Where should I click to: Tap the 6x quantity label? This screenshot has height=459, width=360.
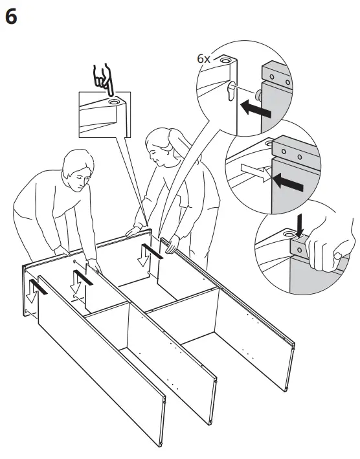204,58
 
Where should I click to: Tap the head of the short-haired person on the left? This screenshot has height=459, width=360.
76,171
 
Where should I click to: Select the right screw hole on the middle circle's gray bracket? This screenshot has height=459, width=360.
299,157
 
